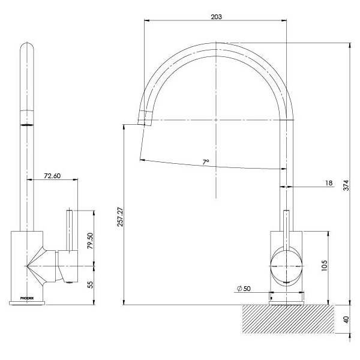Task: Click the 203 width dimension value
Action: [x=217, y=17]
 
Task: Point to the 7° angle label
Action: [x=205, y=163]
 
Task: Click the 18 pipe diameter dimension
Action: [x=329, y=183]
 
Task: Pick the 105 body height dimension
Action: [x=324, y=265]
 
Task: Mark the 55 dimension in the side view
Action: [x=91, y=285]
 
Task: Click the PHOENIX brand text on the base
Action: [x=28, y=298]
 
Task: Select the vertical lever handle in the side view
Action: [x=69, y=231]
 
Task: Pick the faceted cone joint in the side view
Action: [x=42, y=265]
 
